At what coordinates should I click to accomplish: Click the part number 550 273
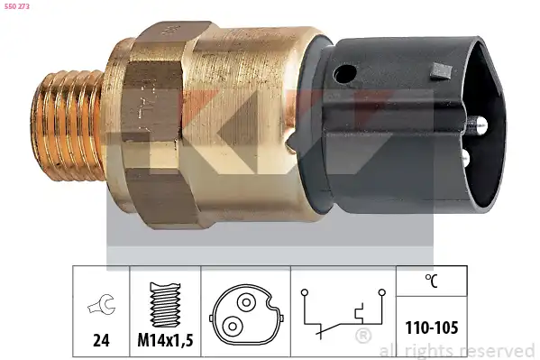(x=17, y=6)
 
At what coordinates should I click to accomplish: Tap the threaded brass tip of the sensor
(x=68, y=125)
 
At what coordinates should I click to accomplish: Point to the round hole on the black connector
(x=344, y=74)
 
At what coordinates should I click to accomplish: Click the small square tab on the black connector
(x=441, y=71)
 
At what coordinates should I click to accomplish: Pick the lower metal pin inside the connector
(x=465, y=157)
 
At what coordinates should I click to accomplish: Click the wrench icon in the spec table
(x=102, y=304)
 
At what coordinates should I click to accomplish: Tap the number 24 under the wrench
(x=101, y=340)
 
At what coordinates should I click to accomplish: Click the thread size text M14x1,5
(x=165, y=340)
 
